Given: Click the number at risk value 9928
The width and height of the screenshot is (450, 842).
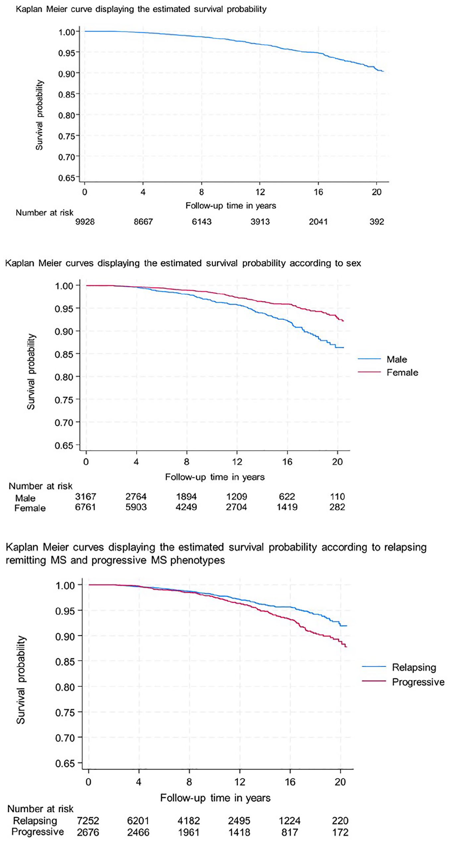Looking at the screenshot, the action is click(85, 222).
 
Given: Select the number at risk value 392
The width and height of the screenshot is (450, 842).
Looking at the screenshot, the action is click(377, 222).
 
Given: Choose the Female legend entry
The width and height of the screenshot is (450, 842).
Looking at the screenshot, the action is click(388, 372).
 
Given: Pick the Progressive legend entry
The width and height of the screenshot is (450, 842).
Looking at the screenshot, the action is click(403, 682).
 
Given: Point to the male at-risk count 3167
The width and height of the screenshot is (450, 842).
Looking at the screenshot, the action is click(86, 496).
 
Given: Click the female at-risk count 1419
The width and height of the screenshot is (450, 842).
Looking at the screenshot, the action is click(287, 507).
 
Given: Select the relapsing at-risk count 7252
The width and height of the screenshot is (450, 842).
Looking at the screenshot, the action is click(88, 821).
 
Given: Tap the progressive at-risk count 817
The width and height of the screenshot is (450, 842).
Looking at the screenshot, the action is click(290, 832).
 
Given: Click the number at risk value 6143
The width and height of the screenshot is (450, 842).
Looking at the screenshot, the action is click(202, 222).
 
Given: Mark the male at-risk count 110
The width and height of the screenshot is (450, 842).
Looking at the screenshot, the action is click(337, 496).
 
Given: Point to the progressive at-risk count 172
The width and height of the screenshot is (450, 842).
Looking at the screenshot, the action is click(340, 832).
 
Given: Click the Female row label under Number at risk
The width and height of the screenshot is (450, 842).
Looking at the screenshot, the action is click(30, 508).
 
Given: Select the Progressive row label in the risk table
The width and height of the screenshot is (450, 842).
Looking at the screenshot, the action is click(37, 832).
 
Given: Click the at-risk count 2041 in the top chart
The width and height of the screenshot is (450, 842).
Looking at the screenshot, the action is click(318, 222).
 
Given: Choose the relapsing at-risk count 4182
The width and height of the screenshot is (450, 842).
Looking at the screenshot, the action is click(189, 821).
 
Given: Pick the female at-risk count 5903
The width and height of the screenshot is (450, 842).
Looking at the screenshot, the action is click(136, 507).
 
